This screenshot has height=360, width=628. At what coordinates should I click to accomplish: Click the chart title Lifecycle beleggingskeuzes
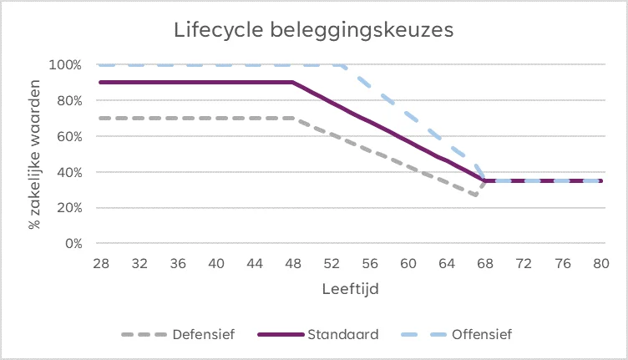click(x=313, y=30)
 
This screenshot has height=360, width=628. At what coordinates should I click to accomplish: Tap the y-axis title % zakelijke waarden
click(x=34, y=155)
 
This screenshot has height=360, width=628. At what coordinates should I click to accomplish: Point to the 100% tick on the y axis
click(x=66, y=64)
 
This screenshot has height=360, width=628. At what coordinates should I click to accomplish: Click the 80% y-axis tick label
click(x=68, y=100)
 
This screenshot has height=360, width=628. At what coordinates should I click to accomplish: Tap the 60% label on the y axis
click(x=68, y=136)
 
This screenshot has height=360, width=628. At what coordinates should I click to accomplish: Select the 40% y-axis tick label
click(x=68, y=172)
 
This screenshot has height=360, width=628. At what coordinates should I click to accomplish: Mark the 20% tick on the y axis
click(x=68, y=208)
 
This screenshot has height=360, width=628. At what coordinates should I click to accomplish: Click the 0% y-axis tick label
click(x=72, y=244)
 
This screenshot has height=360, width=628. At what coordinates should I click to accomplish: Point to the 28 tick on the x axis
click(x=101, y=262)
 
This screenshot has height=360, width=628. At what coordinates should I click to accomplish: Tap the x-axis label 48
click(x=293, y=262)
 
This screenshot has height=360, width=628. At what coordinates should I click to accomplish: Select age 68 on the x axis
click(x=485, y=262)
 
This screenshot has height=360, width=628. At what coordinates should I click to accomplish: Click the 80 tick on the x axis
click(x=600, y=262)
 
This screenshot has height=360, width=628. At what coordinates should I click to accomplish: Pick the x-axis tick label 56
click(x=370, y=262)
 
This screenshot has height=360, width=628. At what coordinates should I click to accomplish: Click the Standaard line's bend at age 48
click(x=293, y=82)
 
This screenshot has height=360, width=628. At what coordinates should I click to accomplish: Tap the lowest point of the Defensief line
click(x=476, y=196)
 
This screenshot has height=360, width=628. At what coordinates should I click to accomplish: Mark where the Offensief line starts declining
click(x=342, y=64)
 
